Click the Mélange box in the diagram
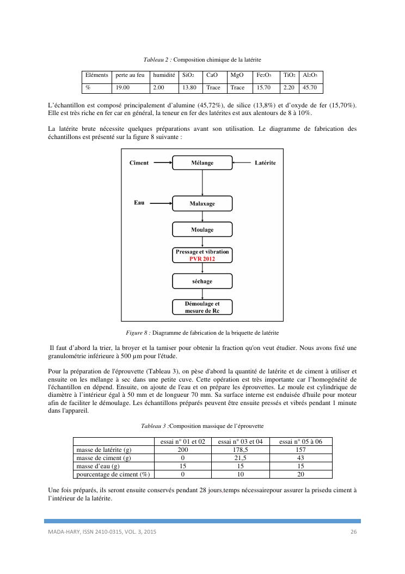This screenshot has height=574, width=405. [x=202, y=163]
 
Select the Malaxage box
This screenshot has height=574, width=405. [x=202, y=203]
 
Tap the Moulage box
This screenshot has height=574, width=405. [x=202, y=229]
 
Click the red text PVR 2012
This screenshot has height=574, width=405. [x=202, y=259]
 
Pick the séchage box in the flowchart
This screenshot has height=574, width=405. [x=202, y=281]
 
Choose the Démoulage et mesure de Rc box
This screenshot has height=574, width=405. [x=202, y=307]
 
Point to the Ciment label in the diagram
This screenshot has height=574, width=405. [x=139, y=163]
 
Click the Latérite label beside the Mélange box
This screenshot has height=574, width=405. [x=265, y=163]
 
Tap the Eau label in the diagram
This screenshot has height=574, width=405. [x=139, y=203]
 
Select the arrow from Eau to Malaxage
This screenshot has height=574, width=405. [x=161, y=203]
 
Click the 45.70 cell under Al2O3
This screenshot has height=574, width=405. [x=310, y=87]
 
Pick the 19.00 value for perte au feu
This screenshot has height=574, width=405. [x=122, y=87]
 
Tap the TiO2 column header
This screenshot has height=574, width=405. [x=289, y=75]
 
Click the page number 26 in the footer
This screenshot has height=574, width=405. [x=353, y=531]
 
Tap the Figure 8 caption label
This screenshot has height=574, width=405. [x=138, y=332]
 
